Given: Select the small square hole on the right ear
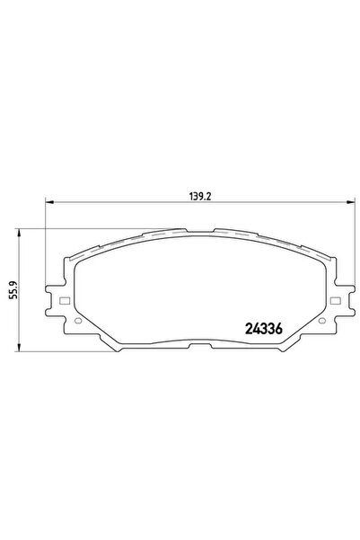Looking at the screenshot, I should (x=336, y=300).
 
